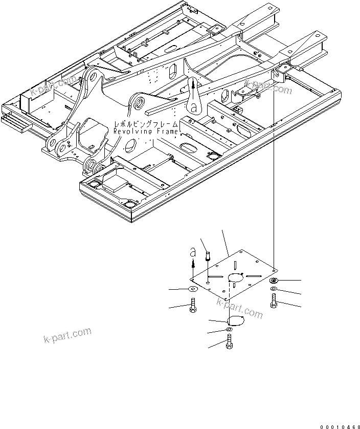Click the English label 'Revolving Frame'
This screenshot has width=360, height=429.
point(146,132)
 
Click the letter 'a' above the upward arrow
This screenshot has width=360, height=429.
point(193,252)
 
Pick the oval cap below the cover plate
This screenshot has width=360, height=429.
point(235,320)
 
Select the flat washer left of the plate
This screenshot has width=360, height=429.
point(193,290)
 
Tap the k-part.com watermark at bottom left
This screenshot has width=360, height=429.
point(67,337)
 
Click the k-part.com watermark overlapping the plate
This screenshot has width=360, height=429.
point(239,306)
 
